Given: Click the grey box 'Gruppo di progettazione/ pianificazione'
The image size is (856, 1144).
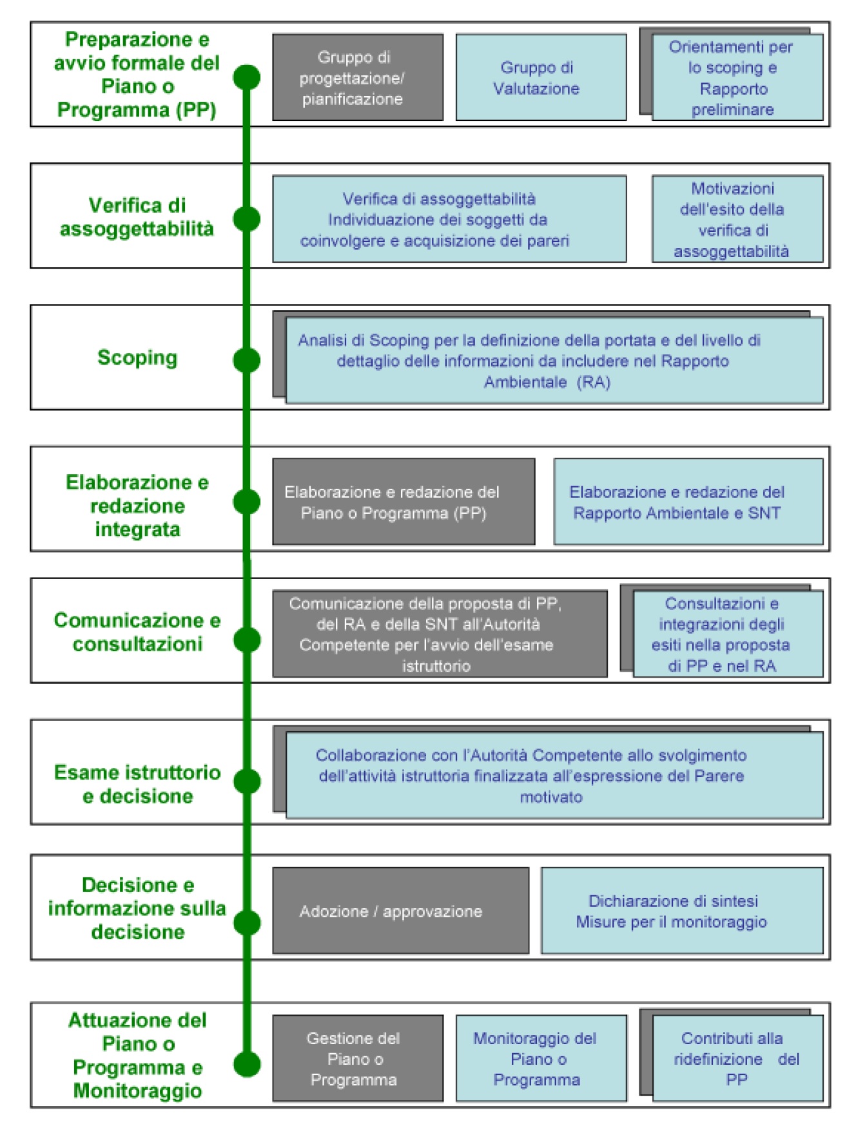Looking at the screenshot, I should tap(358, 77).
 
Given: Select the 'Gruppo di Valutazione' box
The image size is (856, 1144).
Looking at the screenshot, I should tap(541, 77).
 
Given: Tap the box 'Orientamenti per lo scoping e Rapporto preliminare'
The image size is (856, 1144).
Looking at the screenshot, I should tap(737, 77).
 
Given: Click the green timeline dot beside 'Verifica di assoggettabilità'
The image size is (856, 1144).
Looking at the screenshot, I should tap(246, 219).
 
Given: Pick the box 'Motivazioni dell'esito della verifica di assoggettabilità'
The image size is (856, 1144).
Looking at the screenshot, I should tap(737, 219).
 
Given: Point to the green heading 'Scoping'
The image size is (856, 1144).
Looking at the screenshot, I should tap(137, 357).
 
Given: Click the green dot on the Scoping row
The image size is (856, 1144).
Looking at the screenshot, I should tap(246, 360).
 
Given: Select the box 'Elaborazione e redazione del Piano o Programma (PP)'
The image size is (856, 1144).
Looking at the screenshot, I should tap(404, 502).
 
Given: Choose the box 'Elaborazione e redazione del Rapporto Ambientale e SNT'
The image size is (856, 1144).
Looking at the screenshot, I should tap(688, 502).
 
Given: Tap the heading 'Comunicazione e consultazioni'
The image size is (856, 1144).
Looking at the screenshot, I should tap(137, 631).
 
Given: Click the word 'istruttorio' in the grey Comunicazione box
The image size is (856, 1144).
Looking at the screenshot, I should tap(436, 666).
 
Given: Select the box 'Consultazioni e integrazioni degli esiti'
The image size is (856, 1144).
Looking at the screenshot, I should tap(728, 634).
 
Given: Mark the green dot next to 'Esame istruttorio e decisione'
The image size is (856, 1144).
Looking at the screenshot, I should tap(247, 781).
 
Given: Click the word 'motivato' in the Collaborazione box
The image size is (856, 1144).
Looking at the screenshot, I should tap(551, 797).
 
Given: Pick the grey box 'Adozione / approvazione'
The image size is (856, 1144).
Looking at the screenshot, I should tap(400, 911).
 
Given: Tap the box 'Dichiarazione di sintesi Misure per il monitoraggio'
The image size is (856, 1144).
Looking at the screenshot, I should tap(682, 911).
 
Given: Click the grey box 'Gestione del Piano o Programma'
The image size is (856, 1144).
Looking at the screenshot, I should tap(358, 1058).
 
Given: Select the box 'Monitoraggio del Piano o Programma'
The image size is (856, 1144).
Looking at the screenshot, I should tap(541, 1058).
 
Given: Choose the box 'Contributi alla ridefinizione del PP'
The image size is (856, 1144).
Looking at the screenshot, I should tap(737, 1058).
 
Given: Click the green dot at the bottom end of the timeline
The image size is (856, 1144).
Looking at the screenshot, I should tap(247, 1064).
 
